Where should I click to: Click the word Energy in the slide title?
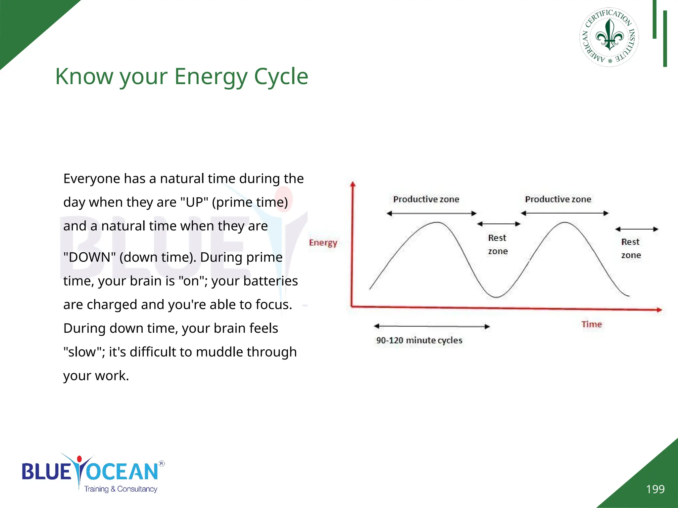click(210, 77)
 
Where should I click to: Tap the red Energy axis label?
click(323, 243)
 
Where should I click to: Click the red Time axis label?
click(592, 324)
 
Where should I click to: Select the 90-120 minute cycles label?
click(419, 340)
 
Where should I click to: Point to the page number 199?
click(655, 489)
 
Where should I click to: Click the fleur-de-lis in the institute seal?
click(609, 36)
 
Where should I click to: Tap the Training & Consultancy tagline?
click(121, 489)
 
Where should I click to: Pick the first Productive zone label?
click(426, 199)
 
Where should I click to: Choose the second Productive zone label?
click(558, 199)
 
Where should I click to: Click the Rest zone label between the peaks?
click(498, 244)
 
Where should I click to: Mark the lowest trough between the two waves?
click(496, 297)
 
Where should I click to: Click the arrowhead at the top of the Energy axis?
click(353, 184)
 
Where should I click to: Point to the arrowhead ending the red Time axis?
click(659, 310)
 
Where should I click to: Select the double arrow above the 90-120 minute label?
click(432, 326)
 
